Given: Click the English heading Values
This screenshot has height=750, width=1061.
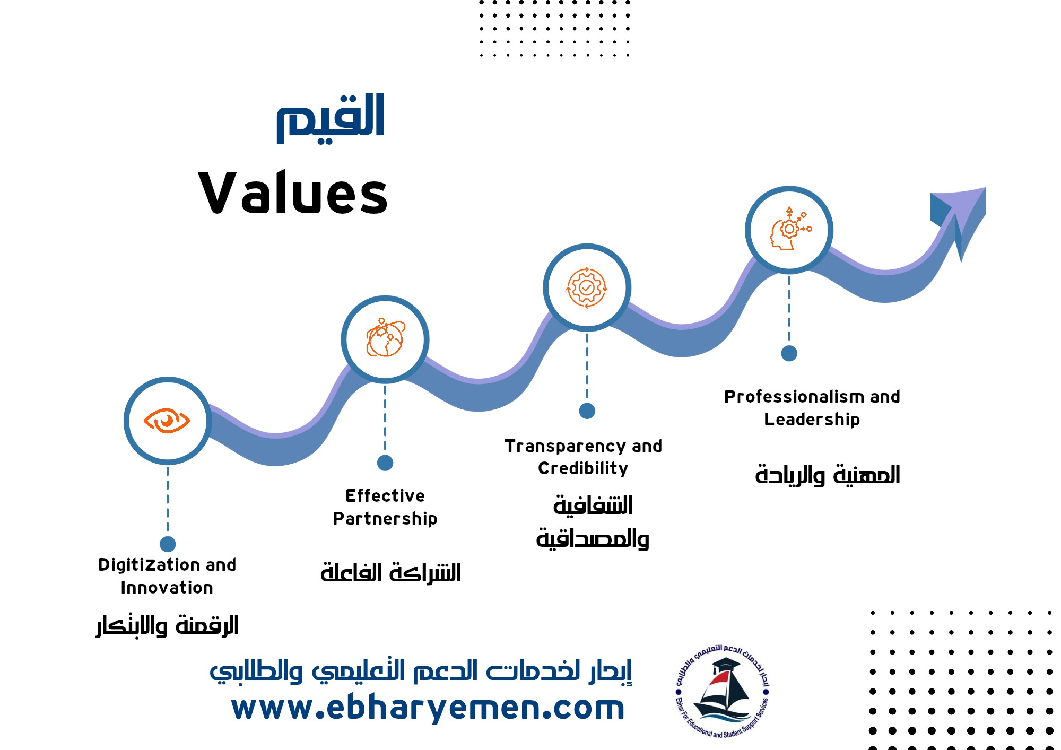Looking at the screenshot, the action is pyautogui.click(x=293, y=193).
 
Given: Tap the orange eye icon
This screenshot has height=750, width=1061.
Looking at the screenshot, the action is pyautogui.click(x=167, y=421).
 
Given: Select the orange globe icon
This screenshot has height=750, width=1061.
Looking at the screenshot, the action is pyautogui.click(x=385, y=338).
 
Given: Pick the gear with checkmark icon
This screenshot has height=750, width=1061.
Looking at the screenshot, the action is pyautogui.click(x=586, y=287).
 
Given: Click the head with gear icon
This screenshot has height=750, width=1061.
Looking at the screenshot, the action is pyautogui.click(x=790, y=229).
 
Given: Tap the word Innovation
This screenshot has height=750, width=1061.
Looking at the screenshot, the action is pyautogui.click(x=167, y=588).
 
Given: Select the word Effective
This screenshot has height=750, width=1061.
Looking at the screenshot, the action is pyautogui.click(x=385, y=496).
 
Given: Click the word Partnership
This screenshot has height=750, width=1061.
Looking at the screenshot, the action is pyautogui.click(x=385, y=519).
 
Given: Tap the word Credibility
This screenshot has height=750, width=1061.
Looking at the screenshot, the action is pyautogui.click(x=583, y=468).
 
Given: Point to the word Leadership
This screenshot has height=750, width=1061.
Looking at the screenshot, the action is pyautogui.click(x=812, y=420).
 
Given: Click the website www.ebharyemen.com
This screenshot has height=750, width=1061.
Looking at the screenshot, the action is pyautogui.click(x=428, y=708).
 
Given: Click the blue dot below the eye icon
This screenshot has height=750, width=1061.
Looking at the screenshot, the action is pyautogui.click(x=168, y=544).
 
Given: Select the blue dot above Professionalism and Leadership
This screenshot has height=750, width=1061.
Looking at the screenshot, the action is pyautogui.click(x=789, y=353).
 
